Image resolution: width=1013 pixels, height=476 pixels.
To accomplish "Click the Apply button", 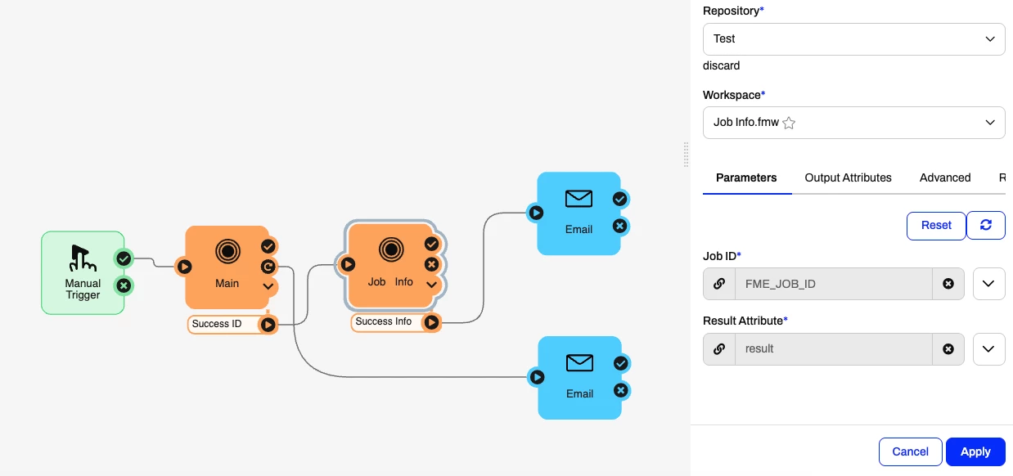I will pos(975,451).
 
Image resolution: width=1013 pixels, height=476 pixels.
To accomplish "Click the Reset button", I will pos(936,226).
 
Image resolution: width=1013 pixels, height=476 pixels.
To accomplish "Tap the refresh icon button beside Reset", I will pos(986,226).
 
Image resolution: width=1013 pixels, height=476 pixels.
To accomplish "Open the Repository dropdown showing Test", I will pos(853,39).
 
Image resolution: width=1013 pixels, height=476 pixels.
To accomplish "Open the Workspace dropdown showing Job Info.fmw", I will pos(853,123).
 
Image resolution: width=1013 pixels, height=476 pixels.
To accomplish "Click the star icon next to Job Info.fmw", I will pos(789,123).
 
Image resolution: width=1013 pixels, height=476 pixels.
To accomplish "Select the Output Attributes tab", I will pos(848,177).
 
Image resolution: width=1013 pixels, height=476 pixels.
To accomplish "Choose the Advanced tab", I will pos(944,177).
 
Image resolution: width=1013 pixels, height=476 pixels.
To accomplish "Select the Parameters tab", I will pos(746,177).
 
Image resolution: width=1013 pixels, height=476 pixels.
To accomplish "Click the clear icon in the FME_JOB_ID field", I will pos(948,284).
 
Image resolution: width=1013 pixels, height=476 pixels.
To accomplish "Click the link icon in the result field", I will pos(719,348).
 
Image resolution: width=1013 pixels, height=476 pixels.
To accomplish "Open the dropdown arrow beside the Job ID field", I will pos(988,284).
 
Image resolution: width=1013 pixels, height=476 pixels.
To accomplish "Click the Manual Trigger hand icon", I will pos(83,258).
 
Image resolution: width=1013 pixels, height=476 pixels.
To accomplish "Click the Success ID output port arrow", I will pos(268,325).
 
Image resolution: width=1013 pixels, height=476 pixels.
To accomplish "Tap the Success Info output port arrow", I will pos(431,323).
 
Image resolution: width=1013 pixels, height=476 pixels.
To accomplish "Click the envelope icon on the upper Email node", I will pos(579,199).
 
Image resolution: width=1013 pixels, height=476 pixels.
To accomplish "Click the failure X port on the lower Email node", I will pos(620,390).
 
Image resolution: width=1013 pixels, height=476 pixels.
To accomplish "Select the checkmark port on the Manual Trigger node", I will pos(124,258).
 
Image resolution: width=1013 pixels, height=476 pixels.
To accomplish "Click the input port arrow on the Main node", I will pos(185,266).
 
